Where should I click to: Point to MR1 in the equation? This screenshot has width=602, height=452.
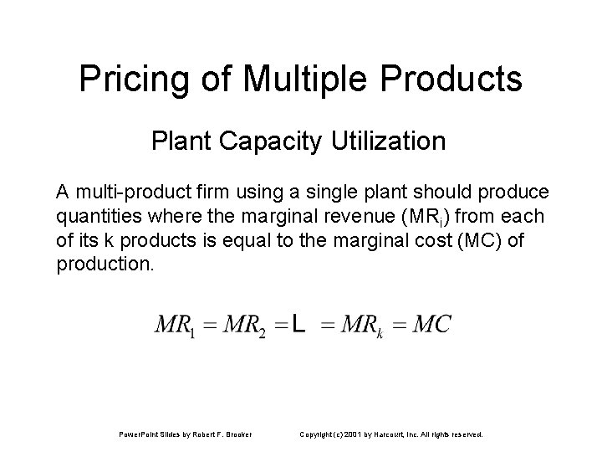[174, 325]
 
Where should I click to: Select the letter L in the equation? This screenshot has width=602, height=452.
[298, 325]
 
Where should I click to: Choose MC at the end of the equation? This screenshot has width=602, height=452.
[432, 325]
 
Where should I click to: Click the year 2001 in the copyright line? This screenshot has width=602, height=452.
[355, 434]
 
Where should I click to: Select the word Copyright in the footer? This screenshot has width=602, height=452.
[318, 434]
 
